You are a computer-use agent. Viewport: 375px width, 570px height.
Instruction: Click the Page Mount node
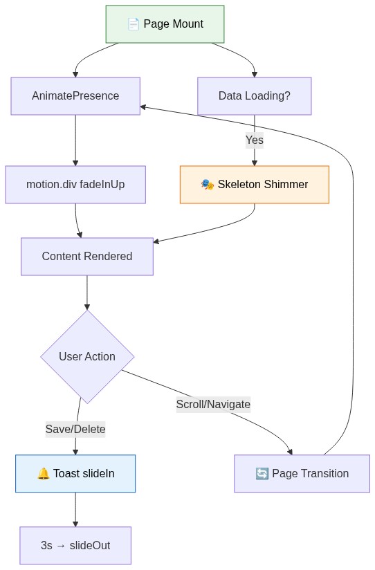[x=165, y=24]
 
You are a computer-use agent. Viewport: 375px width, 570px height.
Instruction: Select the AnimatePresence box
[x=75, y=95]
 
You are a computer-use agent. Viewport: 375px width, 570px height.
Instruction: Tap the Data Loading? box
[x=254, y=95]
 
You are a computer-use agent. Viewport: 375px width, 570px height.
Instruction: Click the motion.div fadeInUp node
[x=75, y=185]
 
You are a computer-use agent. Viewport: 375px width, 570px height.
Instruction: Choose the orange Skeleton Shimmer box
[x=254, y=185]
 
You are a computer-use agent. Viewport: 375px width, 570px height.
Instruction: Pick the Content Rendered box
[x=86, y=257]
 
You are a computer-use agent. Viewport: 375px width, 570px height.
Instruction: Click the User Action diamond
[x=87, y=356]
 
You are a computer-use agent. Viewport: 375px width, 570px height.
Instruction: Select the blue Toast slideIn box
[x=75, y=474]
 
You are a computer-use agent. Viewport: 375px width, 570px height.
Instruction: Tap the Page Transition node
[x=302, y=474]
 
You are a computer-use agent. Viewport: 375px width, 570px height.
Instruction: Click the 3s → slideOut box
[x=75, y=545]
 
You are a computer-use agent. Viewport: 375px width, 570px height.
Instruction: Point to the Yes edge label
[x=254, y=140]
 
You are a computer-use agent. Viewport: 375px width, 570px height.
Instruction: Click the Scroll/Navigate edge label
[x=213, y=404]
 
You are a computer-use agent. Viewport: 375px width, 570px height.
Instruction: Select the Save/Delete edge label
[x=75, y=429]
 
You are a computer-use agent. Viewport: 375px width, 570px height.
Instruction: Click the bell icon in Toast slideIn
[x=43, y=474]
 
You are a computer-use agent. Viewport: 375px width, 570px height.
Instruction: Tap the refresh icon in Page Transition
[x=262, y=474]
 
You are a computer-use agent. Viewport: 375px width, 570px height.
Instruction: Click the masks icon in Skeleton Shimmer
[x=207, y=185]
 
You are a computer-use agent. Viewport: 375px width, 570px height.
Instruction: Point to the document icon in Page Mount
[x=134, y=24]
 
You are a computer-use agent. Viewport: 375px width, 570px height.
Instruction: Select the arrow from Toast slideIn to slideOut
[x=75, y=509]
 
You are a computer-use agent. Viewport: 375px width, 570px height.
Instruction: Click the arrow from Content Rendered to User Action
[x=86, y=292]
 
